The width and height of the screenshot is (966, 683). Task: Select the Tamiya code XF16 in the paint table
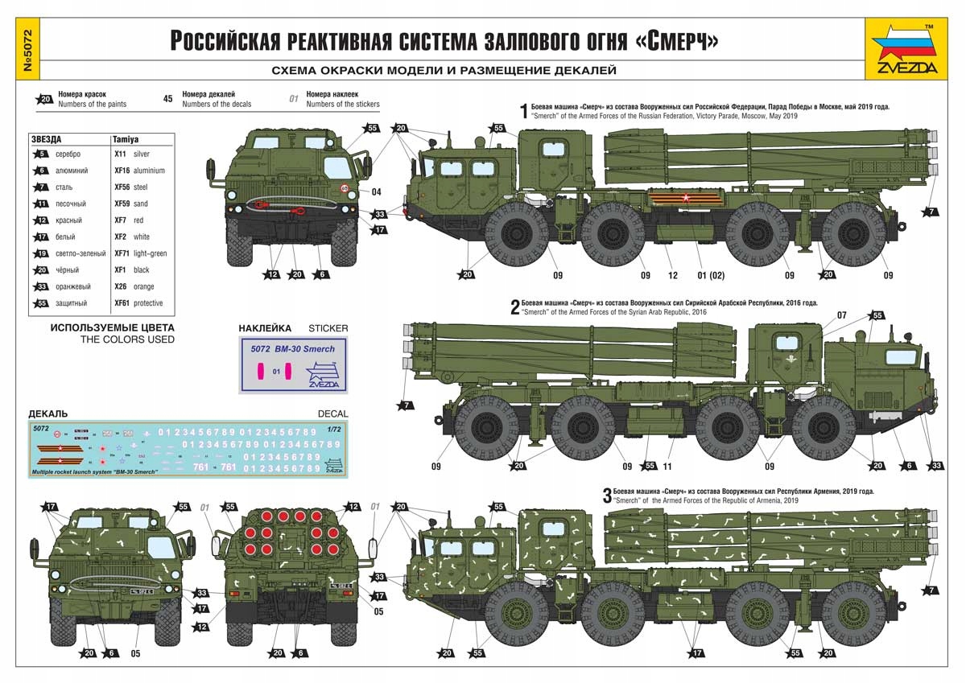[122, 171]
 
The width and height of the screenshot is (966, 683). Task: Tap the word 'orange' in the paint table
[145, 286]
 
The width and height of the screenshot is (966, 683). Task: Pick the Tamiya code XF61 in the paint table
[122, 303]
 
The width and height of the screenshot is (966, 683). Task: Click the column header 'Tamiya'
[125, 138]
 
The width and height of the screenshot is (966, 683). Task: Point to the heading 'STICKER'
[328, 328]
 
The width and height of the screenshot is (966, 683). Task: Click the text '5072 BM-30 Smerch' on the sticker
[292, 349]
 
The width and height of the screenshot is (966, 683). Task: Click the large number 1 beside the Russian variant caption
[523, 110]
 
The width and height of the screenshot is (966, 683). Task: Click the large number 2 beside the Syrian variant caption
[515, 307]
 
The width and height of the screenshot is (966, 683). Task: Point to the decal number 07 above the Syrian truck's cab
[842, 315]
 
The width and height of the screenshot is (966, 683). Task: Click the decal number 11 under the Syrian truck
[667, 466]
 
